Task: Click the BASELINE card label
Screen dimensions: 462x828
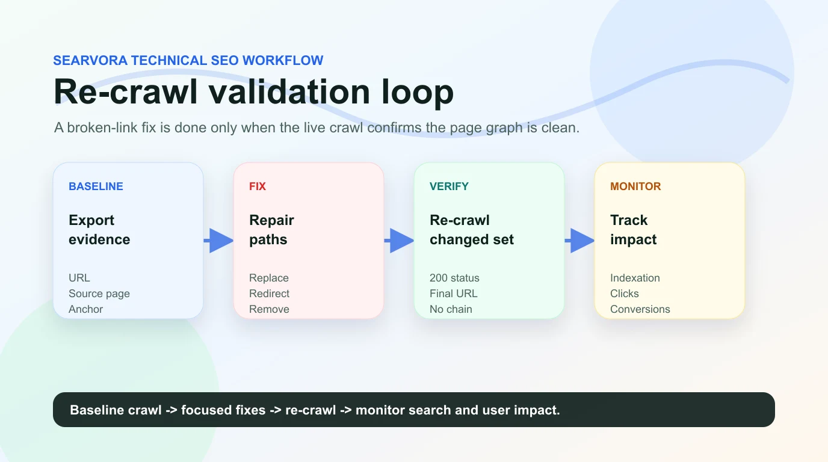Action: point(96,186)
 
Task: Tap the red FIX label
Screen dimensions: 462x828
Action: point(258,186)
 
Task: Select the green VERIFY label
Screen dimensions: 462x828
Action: point(449,186)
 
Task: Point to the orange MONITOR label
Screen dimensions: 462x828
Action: point(635,186)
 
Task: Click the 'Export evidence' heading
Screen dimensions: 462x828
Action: point(99,230)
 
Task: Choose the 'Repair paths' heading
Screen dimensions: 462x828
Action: point(271,230)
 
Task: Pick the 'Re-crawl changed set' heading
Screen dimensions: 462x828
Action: point(472,230)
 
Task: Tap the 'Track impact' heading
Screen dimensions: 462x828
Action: point(633,230)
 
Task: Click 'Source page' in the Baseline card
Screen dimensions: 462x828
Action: point(99,294)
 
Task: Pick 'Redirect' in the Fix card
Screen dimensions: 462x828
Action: point(269,294)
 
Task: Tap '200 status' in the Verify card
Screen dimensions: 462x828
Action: point(454,278)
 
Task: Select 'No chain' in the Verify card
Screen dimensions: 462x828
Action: point(451,309)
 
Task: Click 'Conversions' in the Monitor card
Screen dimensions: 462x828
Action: point(640,309)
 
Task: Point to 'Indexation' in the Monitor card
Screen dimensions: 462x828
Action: point(635,278)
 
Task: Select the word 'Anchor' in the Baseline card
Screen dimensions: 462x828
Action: point(85,309)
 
